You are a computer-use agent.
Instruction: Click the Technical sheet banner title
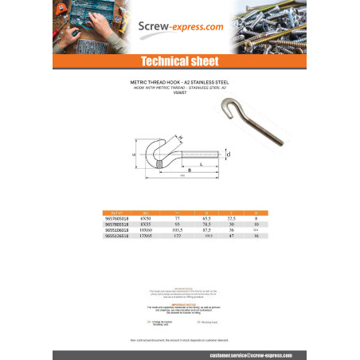[180, 61]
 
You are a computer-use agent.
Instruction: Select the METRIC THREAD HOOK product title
[179, 81]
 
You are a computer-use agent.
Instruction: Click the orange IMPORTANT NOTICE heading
[179, 303]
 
